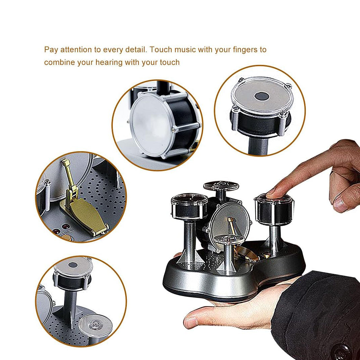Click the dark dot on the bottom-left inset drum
pos(73,266)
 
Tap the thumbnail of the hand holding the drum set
pos(190,323)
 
